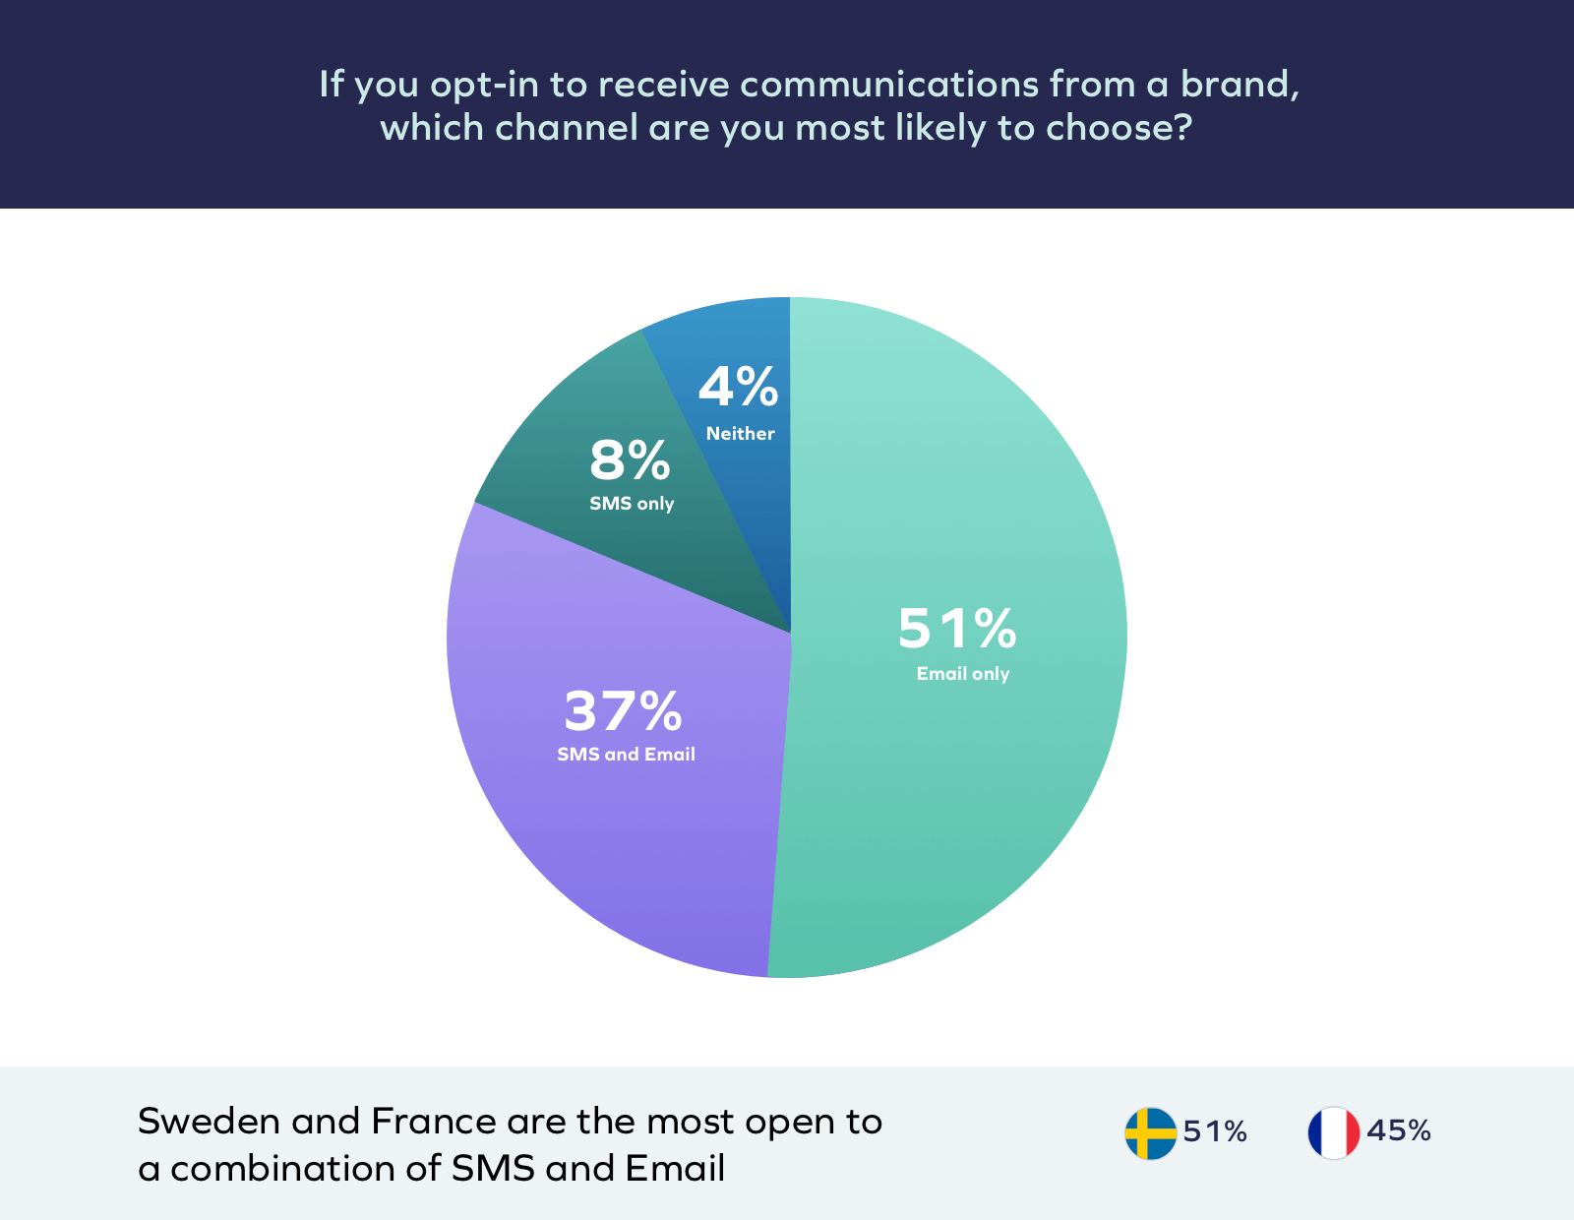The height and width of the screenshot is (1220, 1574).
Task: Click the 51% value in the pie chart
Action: [x=956, y=629]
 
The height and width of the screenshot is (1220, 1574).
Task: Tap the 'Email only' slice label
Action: [x=962, y=674]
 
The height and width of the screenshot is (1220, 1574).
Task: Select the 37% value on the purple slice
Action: [x=623, y=710]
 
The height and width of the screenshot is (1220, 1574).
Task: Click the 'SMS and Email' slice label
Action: [x=626, y=755]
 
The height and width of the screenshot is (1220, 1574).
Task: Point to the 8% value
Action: [x=630, y=460]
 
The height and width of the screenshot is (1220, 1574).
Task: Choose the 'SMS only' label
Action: [x=632, y=504]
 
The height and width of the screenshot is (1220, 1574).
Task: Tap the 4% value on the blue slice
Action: [x=738, y=387]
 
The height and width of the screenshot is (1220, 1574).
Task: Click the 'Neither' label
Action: [x=740, y=434]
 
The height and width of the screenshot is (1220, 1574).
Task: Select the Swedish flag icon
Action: [x=1150, y=1133]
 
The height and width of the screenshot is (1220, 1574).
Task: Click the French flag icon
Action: [x=1333, y=1133]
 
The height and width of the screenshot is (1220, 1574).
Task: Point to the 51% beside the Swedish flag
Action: [x=1215, y=1132]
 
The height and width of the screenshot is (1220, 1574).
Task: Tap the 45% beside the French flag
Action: [x=1398, y=1131]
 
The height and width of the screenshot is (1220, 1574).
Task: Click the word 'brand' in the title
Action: [x=1239, y=85]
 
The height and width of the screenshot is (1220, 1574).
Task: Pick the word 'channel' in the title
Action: [x=567, y=128]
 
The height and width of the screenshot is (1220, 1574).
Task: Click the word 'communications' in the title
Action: [x=889, y=85]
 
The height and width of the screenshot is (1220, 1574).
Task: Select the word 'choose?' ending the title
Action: [x=1119, y=128]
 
